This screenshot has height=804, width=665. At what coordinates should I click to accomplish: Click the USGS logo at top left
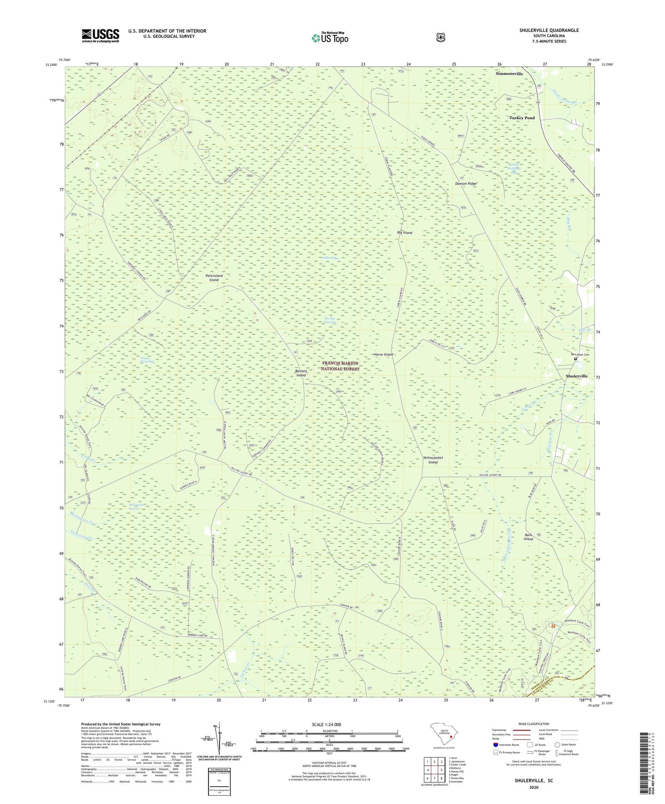100,35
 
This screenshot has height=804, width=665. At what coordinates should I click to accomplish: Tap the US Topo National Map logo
330,37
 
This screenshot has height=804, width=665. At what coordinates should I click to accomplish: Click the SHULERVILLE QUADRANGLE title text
549,30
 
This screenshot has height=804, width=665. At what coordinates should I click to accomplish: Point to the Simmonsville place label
509,74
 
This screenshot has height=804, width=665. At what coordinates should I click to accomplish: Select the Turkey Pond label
522,118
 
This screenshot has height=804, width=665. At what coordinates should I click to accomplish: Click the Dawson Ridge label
466,184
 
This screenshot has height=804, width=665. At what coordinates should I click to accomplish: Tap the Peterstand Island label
214,278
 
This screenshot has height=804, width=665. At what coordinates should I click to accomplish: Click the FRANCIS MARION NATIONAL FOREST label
340,366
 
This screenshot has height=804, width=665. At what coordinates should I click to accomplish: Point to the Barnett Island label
301,373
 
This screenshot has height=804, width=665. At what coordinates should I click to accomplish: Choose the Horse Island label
383,355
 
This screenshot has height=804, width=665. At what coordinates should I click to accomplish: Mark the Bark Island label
528,537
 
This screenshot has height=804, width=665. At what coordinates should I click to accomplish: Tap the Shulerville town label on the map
576,376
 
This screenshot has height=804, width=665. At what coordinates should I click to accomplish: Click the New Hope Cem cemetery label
580,355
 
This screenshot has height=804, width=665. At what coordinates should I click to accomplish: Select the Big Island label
405,233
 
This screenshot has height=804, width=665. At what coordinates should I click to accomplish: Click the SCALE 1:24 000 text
326,725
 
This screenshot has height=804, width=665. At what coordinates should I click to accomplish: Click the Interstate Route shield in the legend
495,745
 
